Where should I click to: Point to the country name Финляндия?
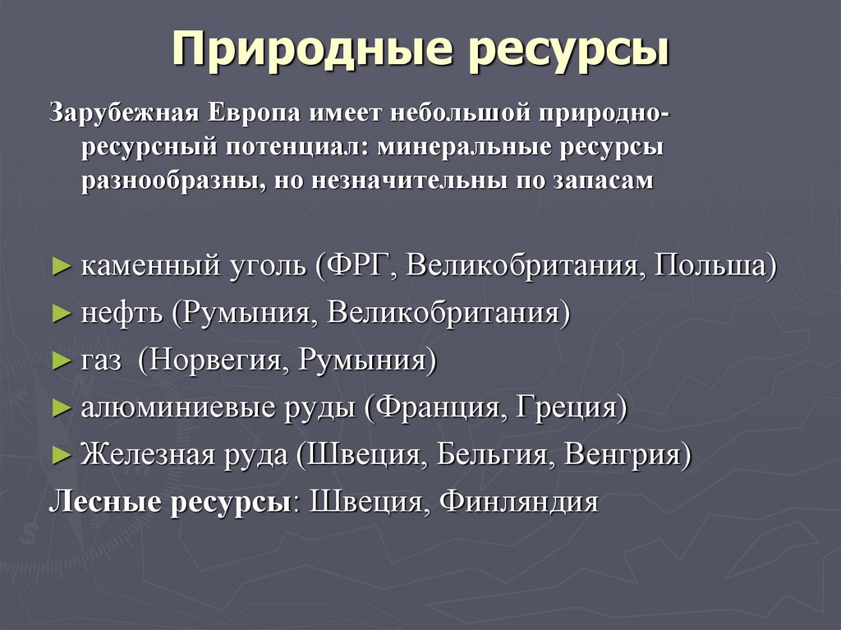click(518, 501)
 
